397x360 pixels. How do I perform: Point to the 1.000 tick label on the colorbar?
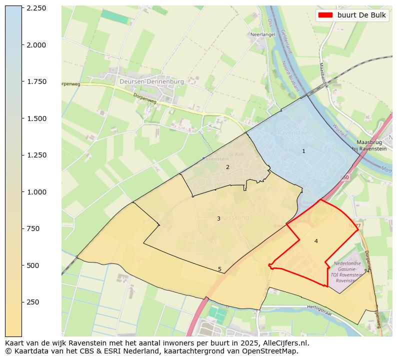pyautogui.click(x=36, y=192)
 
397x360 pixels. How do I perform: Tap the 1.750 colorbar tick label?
pyautogui.click(x=36, y=81)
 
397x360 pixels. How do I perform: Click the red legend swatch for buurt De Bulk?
pyautogui.click(x=325, y=15)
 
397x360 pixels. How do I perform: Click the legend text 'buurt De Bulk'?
pyautogui.click(x=361, y=15)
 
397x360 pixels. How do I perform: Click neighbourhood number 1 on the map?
pyautogui.click(x=303, y=151)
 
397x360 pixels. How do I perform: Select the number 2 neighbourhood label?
pyautogui.click(x=227, y=167)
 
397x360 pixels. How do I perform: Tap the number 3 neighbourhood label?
pyautogui.click(x=218, y=218)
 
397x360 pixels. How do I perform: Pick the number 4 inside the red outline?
pyautogui.click(x=316, y=241)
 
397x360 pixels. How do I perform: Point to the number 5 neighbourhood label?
pyautogui.click(x=219, y=269)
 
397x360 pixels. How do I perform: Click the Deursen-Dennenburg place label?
pyautogui.click(x=151, y=81)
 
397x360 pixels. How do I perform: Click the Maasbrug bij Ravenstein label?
pyautogui.click(x=369, y=145)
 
